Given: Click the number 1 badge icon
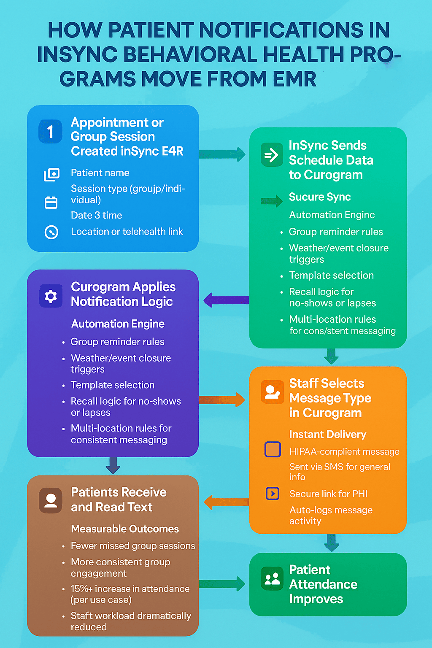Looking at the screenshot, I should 50,132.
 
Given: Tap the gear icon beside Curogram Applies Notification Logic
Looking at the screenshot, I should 51,296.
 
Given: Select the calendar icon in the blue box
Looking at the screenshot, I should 51,203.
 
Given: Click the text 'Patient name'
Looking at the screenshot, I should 100,173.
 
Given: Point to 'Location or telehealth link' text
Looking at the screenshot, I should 127,232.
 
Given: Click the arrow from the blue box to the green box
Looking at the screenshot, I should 222,154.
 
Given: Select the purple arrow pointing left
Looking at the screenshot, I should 226,300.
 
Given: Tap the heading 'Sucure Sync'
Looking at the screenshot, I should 320,197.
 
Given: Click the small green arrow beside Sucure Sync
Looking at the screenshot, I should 271,201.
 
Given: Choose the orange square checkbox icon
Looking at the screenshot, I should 273,449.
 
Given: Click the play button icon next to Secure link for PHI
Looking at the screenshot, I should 273,493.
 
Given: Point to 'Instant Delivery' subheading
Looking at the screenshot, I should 327,435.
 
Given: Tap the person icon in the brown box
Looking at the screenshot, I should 51,500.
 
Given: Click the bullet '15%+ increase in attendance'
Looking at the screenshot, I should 130,589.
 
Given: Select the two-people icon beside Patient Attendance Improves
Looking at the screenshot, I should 272,578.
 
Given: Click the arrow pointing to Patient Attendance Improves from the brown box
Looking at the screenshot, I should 222,584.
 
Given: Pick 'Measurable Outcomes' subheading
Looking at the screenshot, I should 125,529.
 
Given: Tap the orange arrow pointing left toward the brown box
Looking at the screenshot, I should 226,502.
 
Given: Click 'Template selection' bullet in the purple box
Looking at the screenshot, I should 113,385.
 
